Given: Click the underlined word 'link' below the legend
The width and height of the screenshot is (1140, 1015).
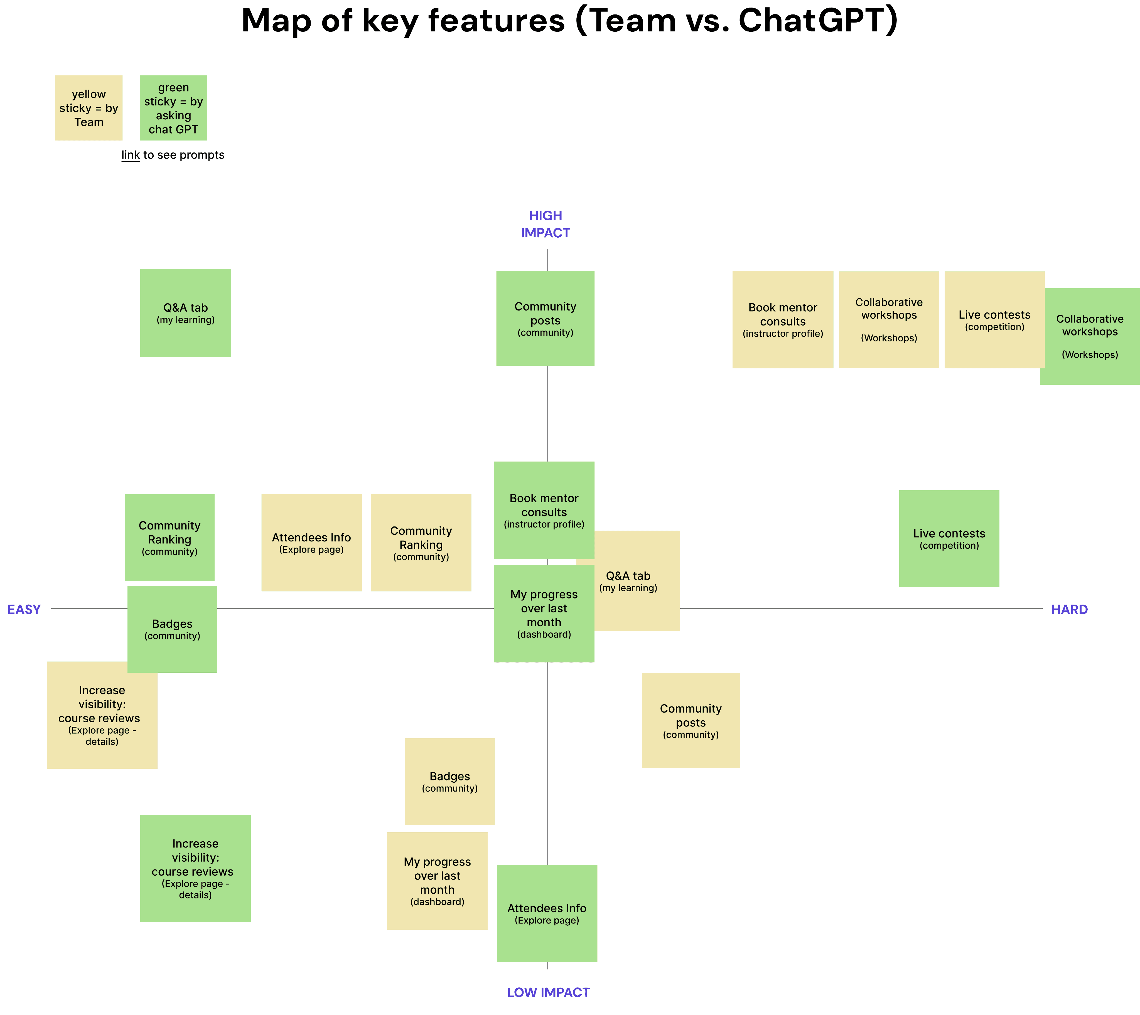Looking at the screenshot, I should coord(131,155).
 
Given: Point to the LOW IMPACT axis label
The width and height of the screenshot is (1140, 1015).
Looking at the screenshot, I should coord(548,992).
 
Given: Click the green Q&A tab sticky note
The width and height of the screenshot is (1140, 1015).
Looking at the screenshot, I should coord(185,313).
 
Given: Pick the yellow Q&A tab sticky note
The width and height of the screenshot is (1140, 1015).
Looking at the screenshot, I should coord(636,581).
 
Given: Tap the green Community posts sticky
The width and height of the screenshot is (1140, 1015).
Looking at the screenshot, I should coord(545,319).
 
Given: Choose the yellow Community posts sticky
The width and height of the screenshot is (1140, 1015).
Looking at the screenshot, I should coord(691,721).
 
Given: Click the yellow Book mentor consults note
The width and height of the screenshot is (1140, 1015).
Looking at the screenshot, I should coord(782,320).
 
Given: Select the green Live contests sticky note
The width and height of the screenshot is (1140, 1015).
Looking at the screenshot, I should coord(949,539).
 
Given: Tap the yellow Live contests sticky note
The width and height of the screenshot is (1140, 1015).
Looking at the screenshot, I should coord(994,320).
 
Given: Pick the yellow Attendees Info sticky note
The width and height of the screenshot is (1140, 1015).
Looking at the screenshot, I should coord(311,543).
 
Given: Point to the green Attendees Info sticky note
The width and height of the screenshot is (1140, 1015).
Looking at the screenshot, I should coord(547,913).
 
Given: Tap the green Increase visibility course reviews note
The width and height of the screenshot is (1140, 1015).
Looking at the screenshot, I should coord(195,868).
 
